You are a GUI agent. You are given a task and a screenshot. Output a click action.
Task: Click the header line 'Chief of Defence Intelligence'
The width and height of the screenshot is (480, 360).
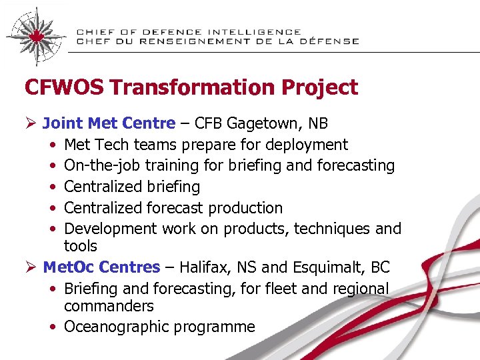coord(188,31)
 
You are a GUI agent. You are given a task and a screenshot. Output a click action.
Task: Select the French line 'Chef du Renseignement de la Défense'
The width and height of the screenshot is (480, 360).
coord(217,41)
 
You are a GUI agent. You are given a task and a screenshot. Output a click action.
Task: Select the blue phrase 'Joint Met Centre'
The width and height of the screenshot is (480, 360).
coord(109,123)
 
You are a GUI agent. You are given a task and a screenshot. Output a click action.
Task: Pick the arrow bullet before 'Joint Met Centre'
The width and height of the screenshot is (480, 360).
coord(30,123)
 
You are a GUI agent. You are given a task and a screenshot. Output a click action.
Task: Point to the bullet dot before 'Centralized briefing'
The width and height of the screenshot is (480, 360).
coord(52,187)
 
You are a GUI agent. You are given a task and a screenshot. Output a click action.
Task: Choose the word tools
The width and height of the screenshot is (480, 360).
coord(81,246)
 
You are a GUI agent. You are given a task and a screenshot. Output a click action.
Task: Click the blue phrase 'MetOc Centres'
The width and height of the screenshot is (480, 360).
coord(101,267)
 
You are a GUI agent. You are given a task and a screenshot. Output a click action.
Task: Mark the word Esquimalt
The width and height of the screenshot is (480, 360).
coord(327,267)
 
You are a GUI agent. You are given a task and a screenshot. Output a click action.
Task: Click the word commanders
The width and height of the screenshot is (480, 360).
coord(109,306)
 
